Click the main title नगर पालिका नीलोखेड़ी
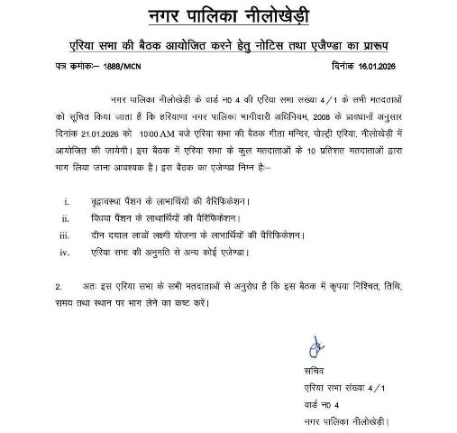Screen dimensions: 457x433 230,14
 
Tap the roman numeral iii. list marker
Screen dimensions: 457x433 66,236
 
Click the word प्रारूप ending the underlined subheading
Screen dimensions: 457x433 379,43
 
